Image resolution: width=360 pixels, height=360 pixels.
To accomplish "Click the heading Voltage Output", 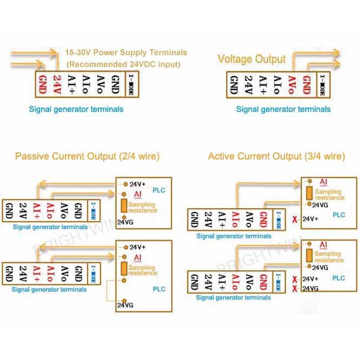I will (251, 58).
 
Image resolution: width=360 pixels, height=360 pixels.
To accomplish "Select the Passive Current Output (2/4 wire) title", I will (87, 156).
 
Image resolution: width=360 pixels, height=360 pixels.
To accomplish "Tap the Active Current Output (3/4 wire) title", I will (276, 156).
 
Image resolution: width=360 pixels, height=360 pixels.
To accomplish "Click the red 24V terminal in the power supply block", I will (56, 84).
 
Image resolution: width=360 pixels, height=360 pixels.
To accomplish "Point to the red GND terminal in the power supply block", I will (42, 84).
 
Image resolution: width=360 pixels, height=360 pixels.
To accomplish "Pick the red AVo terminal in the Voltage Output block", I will (292, 84).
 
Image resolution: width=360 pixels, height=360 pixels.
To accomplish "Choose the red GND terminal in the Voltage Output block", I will (306, 84).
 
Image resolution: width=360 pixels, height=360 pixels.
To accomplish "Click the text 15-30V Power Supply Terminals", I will (126, 52).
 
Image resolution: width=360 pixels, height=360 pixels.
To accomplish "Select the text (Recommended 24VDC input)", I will (123, 64).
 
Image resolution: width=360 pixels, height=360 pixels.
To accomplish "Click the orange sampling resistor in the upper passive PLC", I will (124, 205).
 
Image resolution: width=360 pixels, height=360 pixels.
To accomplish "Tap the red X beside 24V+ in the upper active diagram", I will (294, 219).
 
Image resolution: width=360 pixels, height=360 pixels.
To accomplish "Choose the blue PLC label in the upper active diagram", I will (339, 215).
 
